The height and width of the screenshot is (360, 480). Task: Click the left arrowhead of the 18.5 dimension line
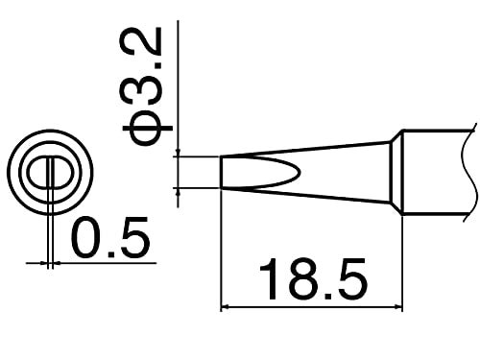[228, 307]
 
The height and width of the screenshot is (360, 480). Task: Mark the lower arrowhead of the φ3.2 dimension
[180, 193]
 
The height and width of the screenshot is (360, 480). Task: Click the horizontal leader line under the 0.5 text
[106, 260]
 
